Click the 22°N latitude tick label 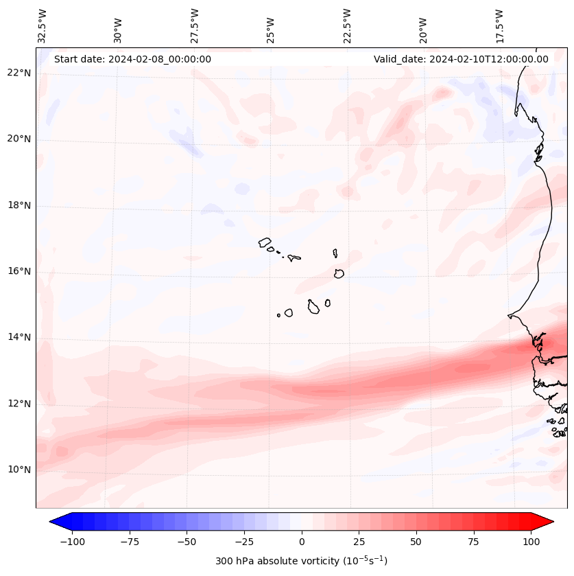[19, 73]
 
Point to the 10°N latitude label [19, 470]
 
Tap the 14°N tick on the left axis [19, 337]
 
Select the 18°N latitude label [19, 205]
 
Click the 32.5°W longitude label [43, 26]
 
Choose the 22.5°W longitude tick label [347, 26]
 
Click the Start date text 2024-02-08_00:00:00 [132, 59]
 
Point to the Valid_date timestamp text [461, 59]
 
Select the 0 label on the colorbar [302, 542]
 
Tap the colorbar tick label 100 [531, 542]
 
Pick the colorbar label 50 [416, 542]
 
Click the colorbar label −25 [244, 542]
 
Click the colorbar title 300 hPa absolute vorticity [301, 561]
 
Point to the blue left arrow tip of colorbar [52, 522]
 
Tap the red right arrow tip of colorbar [551, 522]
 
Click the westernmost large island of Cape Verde [265, 242]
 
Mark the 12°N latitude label [19, 404]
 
